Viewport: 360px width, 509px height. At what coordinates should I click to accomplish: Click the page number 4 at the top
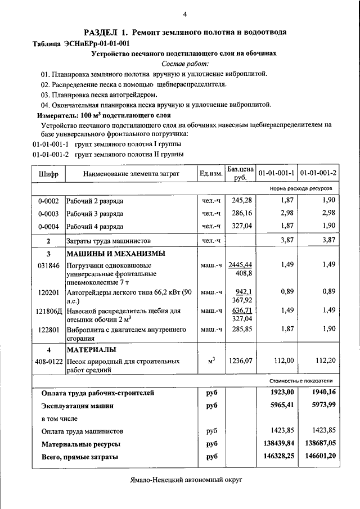[x=184, y=14]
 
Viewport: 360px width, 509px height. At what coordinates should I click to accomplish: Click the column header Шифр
[x=48, y=174]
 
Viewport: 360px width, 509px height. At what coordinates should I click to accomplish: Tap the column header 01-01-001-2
[x=318, y=173]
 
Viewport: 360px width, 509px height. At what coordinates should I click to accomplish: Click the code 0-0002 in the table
[x=48, y=201]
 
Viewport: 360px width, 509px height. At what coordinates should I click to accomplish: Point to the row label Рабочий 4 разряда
[x=95, y=227]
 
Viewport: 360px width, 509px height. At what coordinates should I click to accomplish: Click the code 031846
[x=48, y=265]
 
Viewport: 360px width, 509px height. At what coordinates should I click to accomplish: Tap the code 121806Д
[x=48, y=310]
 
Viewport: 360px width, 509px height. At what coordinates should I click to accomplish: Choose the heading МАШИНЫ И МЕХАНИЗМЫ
[x=116, y=253]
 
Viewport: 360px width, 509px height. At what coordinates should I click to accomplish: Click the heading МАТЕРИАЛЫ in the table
[x=91, y=350]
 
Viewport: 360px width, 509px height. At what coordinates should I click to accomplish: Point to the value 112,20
[x=325, y=361]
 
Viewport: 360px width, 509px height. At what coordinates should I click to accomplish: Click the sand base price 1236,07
[x=241, y=361]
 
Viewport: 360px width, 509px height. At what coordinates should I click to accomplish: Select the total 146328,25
[x=278, y=457]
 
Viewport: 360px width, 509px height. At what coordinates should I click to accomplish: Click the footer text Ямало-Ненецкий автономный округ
[x=184, y=481]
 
